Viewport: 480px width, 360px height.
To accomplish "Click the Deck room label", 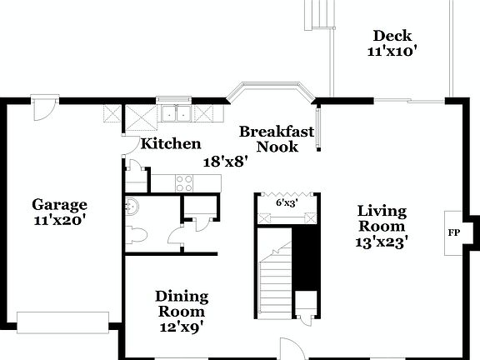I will [392, 35].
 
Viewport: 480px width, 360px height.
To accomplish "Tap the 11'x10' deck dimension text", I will [392, 51].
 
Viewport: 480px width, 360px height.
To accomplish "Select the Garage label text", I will [59, 204].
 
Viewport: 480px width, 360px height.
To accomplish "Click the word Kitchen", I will [170, 143].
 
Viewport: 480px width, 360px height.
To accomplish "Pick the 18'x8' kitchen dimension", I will [227, 162].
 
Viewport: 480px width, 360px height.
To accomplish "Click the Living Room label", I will [382, 217].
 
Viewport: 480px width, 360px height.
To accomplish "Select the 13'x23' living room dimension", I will [382, 242].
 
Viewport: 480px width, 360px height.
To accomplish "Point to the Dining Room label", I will [182, 303].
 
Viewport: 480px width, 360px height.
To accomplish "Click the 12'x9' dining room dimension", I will [182, 327].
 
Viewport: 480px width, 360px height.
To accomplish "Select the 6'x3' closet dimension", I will [287, 202].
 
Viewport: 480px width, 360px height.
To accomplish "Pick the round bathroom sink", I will [131, 204].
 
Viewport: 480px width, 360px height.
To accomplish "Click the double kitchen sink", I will [176, 113].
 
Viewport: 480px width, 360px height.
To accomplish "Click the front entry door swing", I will [289, 348].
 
